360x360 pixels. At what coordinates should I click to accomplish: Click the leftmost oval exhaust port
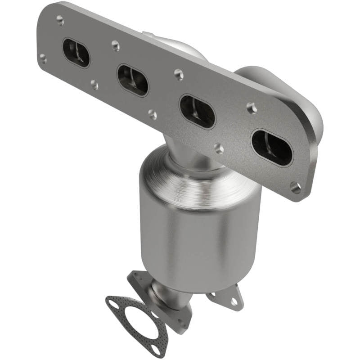point(76,53)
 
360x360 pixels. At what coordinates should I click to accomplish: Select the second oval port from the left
point(133,80)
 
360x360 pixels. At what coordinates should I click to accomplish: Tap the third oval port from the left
point(197,111)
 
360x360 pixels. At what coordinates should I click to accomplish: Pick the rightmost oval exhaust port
point(272,147)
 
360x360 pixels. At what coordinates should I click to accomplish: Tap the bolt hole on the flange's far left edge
point(43,58)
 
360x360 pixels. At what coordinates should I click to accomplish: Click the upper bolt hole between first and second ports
point(115,45)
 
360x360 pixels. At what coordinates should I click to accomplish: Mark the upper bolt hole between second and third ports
point(179,73)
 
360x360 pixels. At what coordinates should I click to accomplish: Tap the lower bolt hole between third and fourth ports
point(219,148)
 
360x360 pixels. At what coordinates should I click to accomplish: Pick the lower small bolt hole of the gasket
point(156,346)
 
